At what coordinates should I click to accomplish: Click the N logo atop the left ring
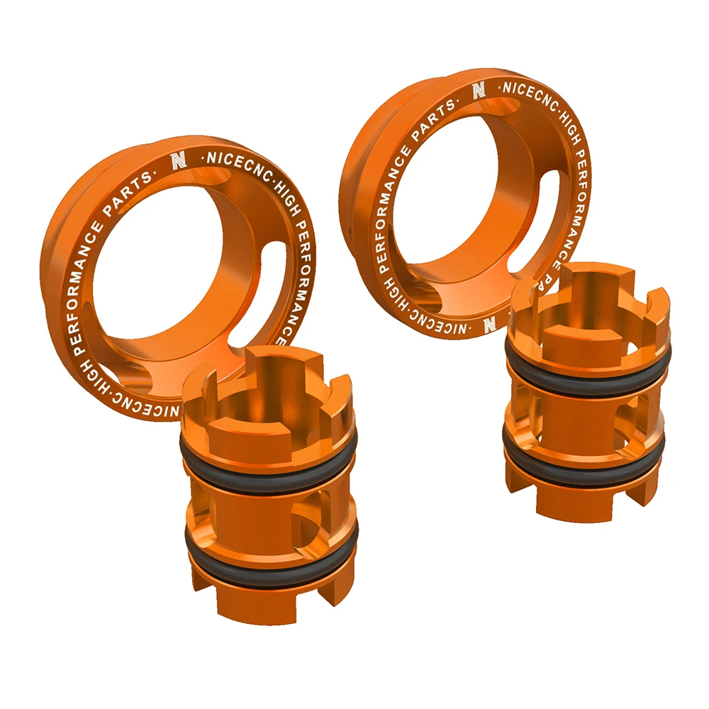tap(177, 161)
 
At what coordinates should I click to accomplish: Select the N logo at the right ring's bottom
tap(489, 324)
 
